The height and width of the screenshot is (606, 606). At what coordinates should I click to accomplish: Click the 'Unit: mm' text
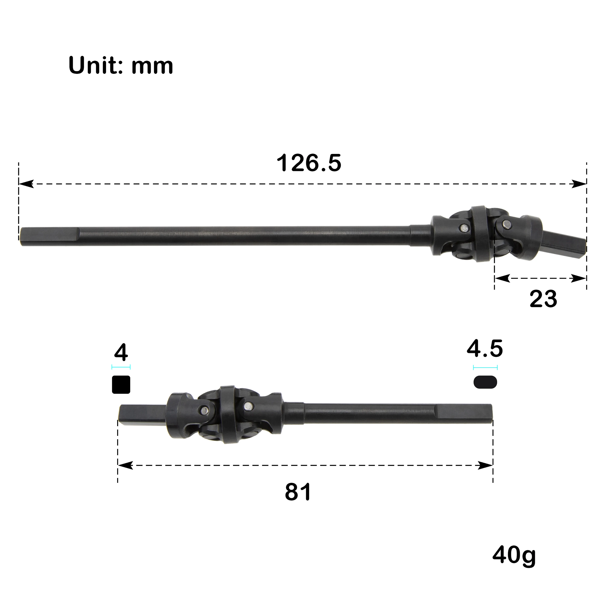121,66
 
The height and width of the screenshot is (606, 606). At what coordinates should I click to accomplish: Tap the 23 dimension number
543,299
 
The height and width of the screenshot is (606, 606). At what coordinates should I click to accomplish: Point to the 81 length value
298,492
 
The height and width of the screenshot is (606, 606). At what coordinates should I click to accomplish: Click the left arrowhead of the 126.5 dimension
26,184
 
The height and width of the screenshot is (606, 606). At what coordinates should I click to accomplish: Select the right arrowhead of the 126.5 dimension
579,184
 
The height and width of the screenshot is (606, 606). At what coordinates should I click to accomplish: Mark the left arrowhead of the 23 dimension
502,278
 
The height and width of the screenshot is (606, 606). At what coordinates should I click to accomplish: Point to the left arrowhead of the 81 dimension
125,465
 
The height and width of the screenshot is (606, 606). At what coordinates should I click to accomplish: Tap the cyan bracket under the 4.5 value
485,367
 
